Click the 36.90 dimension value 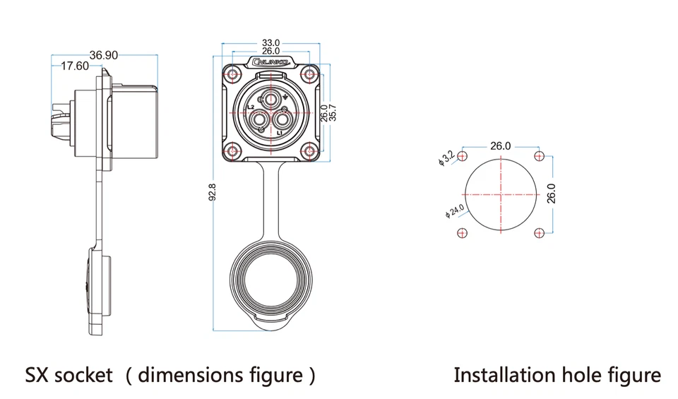pos(104,55)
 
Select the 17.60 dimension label pos(75,66)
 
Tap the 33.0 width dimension pos(270,42)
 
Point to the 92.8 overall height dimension pos(212,191)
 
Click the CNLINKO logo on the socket pos(270,64)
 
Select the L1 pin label pos(280,133)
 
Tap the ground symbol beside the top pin pos(286,97)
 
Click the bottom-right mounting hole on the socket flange pos(308,150)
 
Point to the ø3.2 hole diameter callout pos(446,157)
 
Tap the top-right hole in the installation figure pos(540,156)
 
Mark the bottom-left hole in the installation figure pos(463,233)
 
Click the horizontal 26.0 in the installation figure pos(500,146)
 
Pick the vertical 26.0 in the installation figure pos(552,193)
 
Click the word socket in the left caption pos(87,374)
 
